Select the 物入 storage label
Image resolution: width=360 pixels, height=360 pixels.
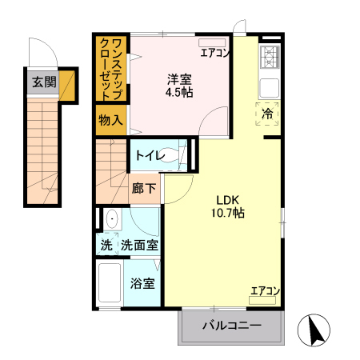(110, 121)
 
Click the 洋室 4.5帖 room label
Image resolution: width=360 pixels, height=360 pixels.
(179, 86)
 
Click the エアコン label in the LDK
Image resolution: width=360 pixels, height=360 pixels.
(264, 290)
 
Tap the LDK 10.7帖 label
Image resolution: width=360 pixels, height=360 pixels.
(228, 206)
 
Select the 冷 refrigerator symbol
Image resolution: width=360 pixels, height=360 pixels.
(267, 114)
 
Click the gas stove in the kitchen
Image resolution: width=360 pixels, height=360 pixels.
(270, 57)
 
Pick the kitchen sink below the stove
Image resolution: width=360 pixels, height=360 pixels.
(270, 86)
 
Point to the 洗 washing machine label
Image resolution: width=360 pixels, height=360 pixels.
(106, 245)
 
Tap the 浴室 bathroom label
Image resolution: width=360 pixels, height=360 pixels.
(143, 283)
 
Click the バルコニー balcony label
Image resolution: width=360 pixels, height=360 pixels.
(231, 326)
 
